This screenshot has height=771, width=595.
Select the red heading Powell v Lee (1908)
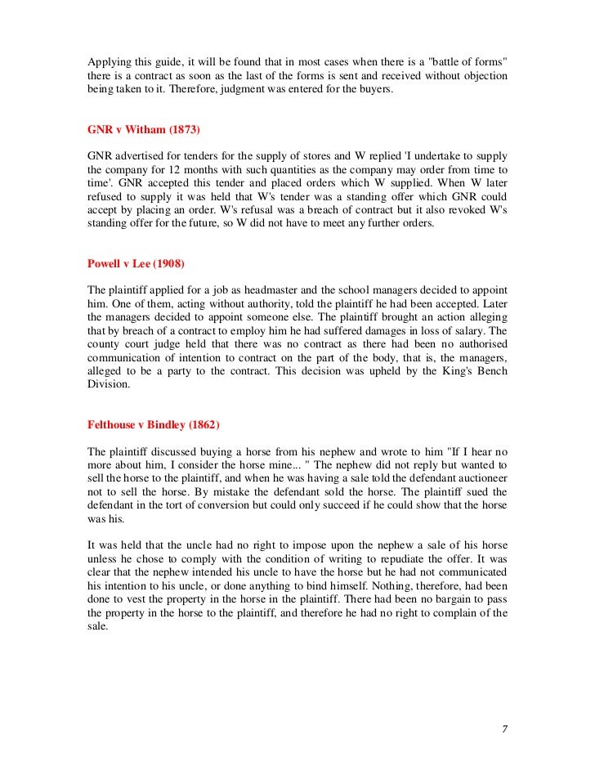(135, 263)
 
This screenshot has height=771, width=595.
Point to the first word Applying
(107, 61)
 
